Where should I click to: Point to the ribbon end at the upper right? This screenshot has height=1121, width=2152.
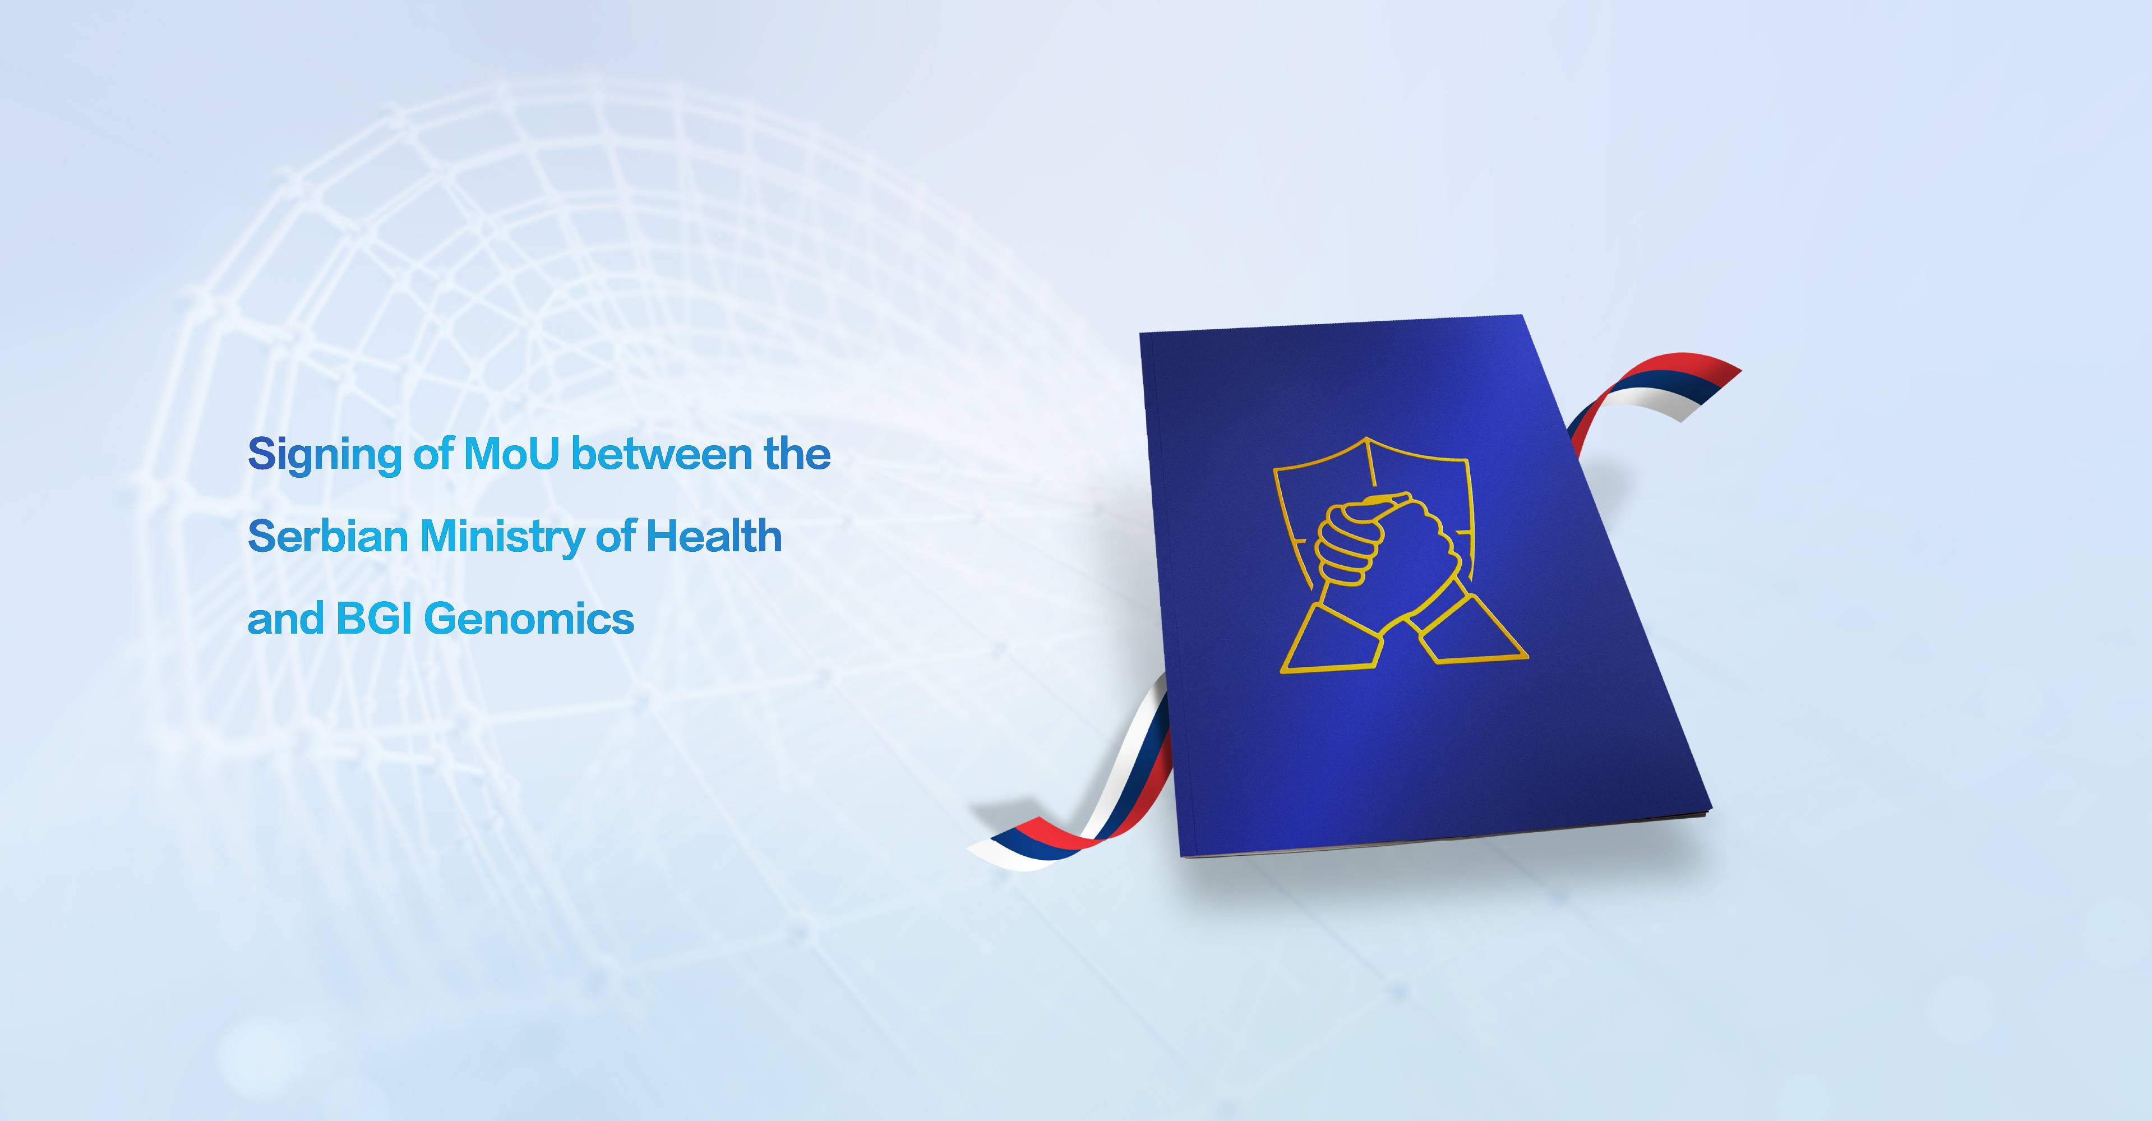pyautogui.click(x=1704, y=389)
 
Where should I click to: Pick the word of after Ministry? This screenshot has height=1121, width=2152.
pyautogui.click(x=615, y=536)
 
